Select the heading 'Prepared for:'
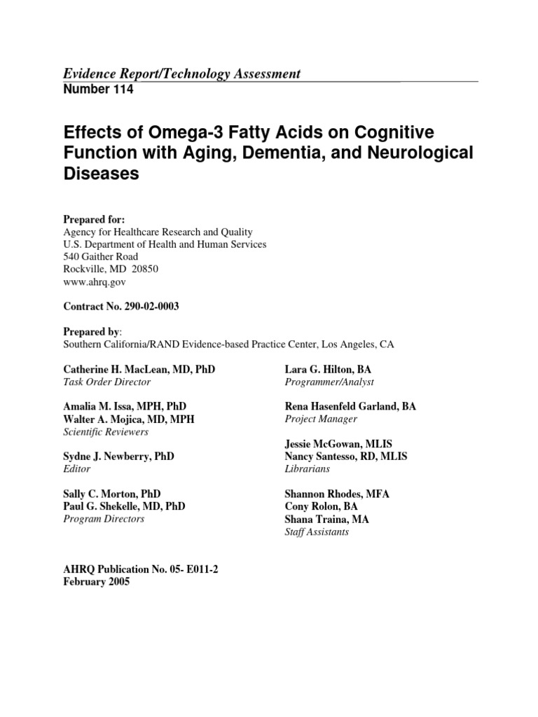pos(94,219)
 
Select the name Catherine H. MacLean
pos(116,369)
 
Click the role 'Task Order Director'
pos(106,382)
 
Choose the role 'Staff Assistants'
pos(317,531)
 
